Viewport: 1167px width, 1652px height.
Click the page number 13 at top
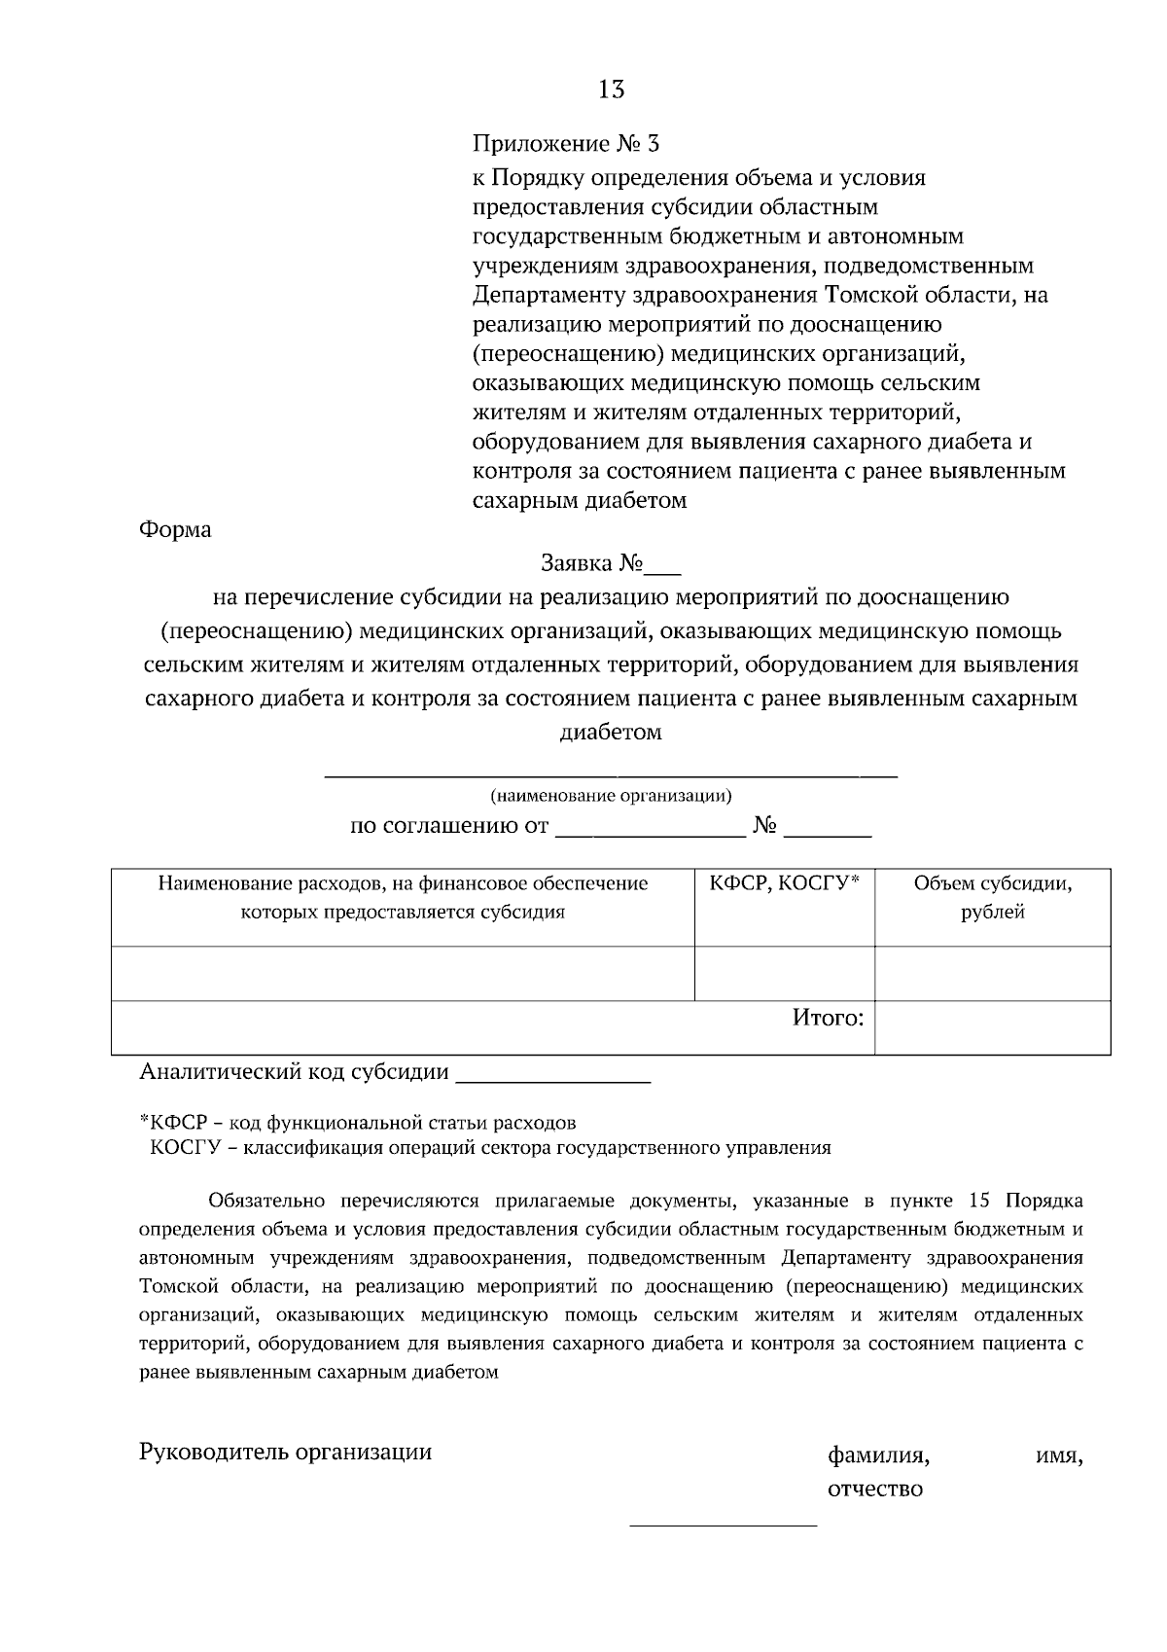tap(611, 90)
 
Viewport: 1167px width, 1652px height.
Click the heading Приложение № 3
tap(565, 145)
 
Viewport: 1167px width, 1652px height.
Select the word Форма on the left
tap(175, 531)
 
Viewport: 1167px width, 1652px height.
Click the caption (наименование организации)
tap(611, 797)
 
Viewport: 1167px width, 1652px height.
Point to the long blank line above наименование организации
tap(611, 775)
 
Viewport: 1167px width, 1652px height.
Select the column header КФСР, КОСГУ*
tap(784, 884)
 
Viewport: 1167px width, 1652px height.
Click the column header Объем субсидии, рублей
tap(992, 898)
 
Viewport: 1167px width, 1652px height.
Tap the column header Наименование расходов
tap(403, 898)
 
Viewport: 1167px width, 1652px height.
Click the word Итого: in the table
tap(828, 1019)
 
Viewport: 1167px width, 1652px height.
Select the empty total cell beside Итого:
tap(992, 1027)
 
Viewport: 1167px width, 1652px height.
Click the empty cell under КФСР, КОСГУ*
tap(784, 973)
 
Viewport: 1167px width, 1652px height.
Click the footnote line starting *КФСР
tap(358, 1123)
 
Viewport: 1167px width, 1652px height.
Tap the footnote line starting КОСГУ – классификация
tap(490, 1148)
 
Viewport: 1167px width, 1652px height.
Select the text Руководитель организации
tap(285, 1453)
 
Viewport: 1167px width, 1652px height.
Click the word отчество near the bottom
tap(874, 1490)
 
